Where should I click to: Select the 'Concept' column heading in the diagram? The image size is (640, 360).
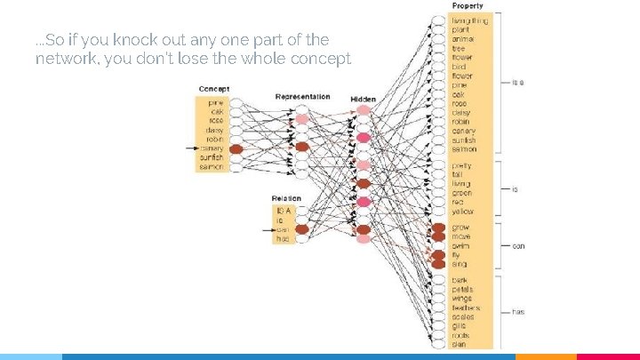(213, 89)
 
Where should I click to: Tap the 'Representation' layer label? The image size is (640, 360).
(302, 96)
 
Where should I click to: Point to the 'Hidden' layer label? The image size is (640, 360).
(363, 100)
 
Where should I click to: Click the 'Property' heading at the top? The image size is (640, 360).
(468, 6)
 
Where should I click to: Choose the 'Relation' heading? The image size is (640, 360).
(286, 198)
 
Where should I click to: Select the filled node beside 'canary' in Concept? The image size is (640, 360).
(236, 149)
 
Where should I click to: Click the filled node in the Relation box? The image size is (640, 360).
(301, 230)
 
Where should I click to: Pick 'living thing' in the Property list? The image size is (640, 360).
(469, 20)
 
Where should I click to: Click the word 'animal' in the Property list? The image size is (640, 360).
(463, 39)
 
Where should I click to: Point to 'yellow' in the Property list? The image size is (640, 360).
(463, 212)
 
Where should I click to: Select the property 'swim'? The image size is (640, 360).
(460, 246)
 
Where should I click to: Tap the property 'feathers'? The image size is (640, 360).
(466, 308)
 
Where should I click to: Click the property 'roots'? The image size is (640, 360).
(460, 335)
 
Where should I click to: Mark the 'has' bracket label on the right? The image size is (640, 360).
(518, 312)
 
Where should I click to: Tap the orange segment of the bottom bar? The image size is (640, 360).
(546, 356)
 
